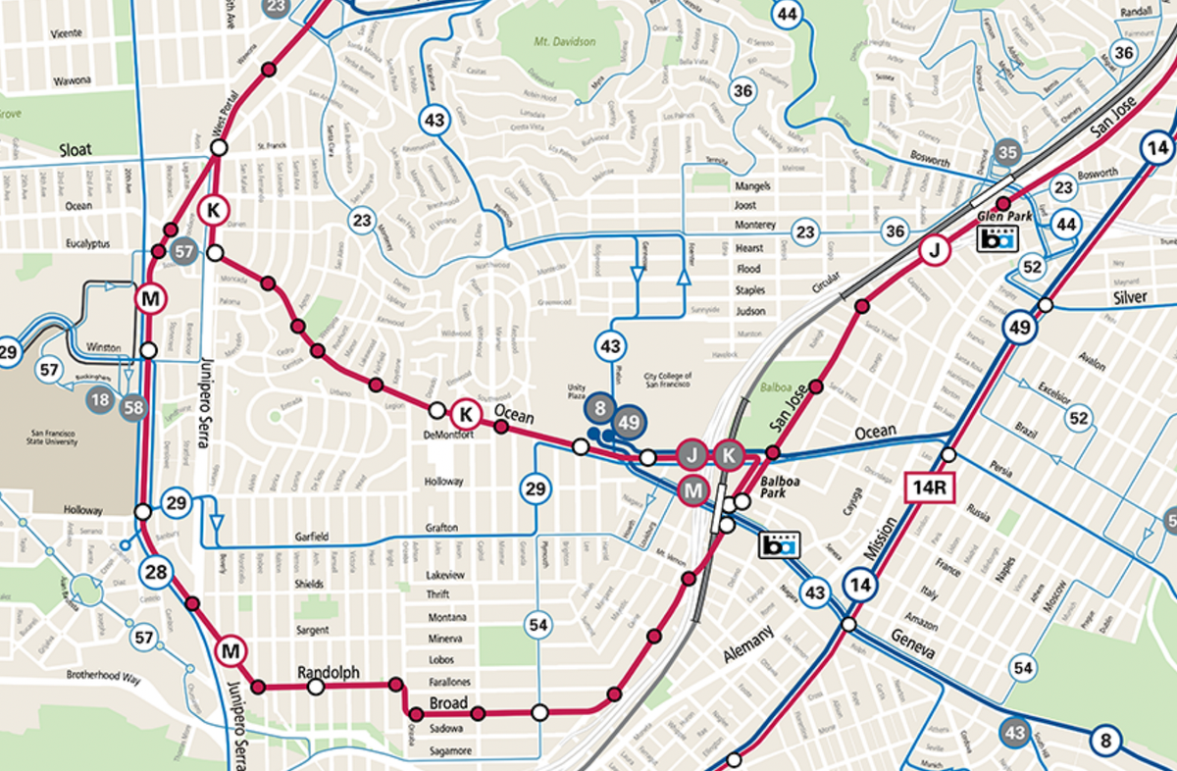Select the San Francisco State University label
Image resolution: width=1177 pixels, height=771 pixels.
pyautogui.click(x=42, y=440)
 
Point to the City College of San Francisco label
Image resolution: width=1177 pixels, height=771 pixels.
pyautogui.click(x=668, y=380)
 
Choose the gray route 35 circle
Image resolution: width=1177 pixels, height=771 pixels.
pyautogui.click(x=1006, y=152)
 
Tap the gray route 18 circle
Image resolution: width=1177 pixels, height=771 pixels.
pyautogui.click(x=99, y=399)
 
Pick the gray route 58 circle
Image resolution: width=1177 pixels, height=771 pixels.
pyautogui.click(x=132, y=406)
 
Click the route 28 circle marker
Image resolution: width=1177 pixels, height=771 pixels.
pyautogui.click(x=155, y=572)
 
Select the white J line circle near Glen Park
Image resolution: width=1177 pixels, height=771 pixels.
pyautogui.click(x=934, y=252)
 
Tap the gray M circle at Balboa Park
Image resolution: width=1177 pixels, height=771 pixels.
pyautogui.click(x=693, y=488)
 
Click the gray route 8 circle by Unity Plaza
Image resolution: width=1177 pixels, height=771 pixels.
pyautogui.click(x=603, y=406)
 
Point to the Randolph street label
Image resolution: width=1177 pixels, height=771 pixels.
pyautogui.click(x=328, y=673)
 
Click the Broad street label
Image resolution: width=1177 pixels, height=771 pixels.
pyautogui.click(x=449, y=703)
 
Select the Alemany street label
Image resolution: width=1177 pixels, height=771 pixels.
pyautogui.click(x=748, y=642)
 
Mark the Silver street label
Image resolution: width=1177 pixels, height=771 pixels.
pyautogui.click(x=1129, y=297)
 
